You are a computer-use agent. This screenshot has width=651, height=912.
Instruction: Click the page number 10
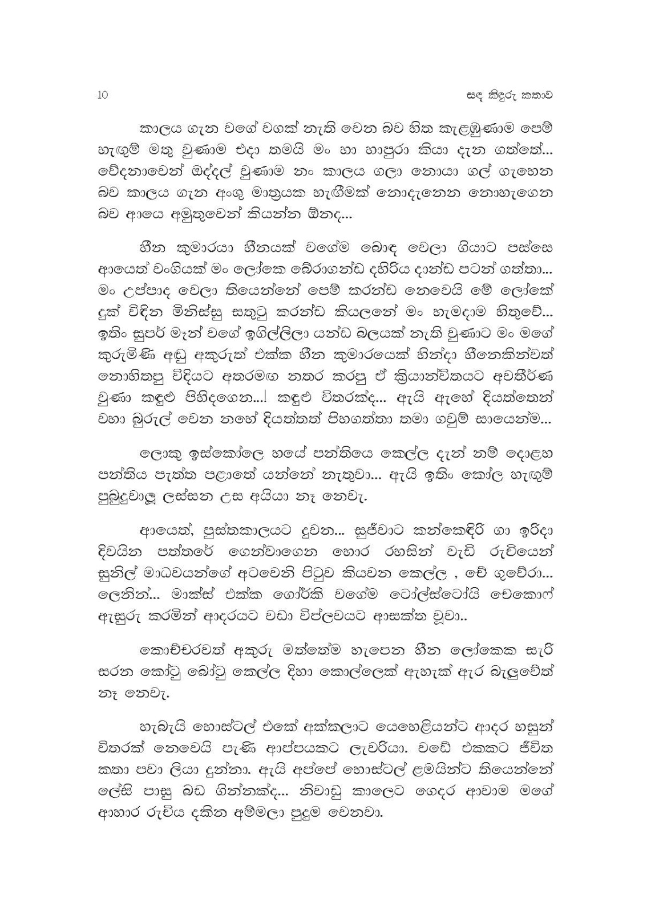tap(103, 95)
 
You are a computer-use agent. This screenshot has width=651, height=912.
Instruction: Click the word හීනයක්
tap(261, 249)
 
